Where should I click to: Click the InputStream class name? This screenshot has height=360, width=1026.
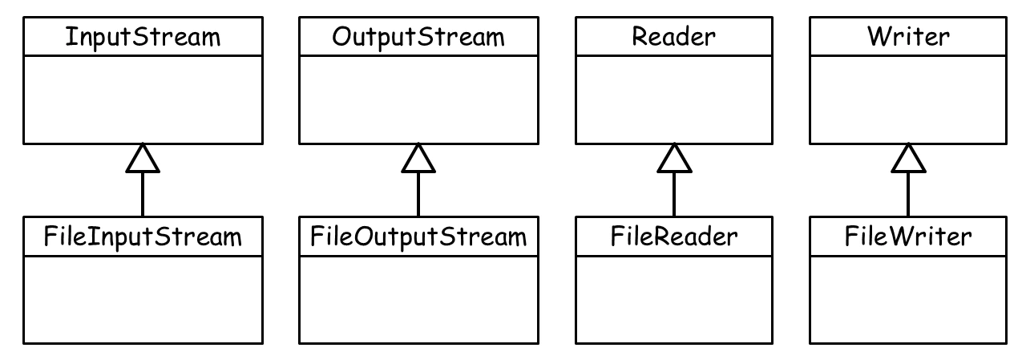(x=143, y=37)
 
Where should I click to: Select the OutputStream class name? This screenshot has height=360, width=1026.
(x=418, y=37)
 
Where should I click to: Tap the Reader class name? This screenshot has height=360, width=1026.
(x=674, y=37)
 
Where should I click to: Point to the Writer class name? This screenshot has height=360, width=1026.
(x=908, y=37)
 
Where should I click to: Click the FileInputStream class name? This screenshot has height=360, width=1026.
(x=143, y=237)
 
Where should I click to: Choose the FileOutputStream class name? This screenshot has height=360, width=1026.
(x=418, y=237)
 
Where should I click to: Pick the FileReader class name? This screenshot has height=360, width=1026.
(x=674, y=237)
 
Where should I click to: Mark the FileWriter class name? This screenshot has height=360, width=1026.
(x=908, y=237)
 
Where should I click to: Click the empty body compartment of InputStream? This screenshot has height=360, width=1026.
(x=143, y=99)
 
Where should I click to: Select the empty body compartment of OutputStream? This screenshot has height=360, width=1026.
(x=418, y=99)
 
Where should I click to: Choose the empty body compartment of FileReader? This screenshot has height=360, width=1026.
(x=674, y=299)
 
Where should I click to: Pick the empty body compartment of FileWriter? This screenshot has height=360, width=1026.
(x=908, y=299)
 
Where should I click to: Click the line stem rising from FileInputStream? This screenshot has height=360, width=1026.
(x=143, y=194)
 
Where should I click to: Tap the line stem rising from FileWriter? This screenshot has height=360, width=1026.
(x=908, y=194)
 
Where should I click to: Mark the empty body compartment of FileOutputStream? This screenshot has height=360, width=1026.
(x=418, y=299)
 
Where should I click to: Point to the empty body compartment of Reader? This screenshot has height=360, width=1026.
(x=674, y=99)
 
